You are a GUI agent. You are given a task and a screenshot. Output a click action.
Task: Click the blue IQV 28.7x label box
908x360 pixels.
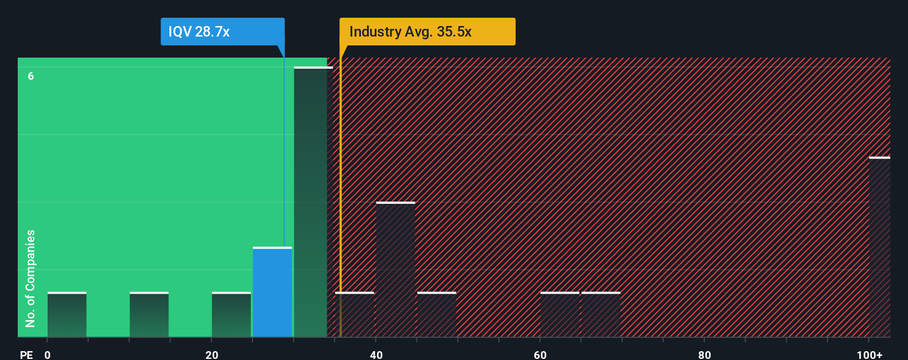click(222, 32)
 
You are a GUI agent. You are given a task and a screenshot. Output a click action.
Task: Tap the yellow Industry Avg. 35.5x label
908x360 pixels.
click(427, 32)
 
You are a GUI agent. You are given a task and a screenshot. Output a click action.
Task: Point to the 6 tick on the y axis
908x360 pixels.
click(31, 76)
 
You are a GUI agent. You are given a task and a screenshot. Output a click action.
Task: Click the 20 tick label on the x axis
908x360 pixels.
click(211, 355)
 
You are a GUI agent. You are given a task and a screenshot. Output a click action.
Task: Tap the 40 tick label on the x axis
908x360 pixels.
click(376, 355)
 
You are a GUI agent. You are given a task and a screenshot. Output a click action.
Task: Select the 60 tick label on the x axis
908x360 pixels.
click(540, 355)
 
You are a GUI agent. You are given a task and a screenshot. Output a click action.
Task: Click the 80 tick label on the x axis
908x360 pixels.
click(704, 355)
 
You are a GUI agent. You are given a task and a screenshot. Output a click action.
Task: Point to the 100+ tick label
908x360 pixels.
click(869, 355)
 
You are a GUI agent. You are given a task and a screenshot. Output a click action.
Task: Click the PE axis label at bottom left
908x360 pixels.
click(26, 355)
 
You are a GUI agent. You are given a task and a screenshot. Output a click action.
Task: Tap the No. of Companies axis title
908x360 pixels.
click(30, 278)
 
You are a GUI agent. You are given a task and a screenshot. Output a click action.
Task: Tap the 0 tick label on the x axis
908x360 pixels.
click(48, 355)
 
